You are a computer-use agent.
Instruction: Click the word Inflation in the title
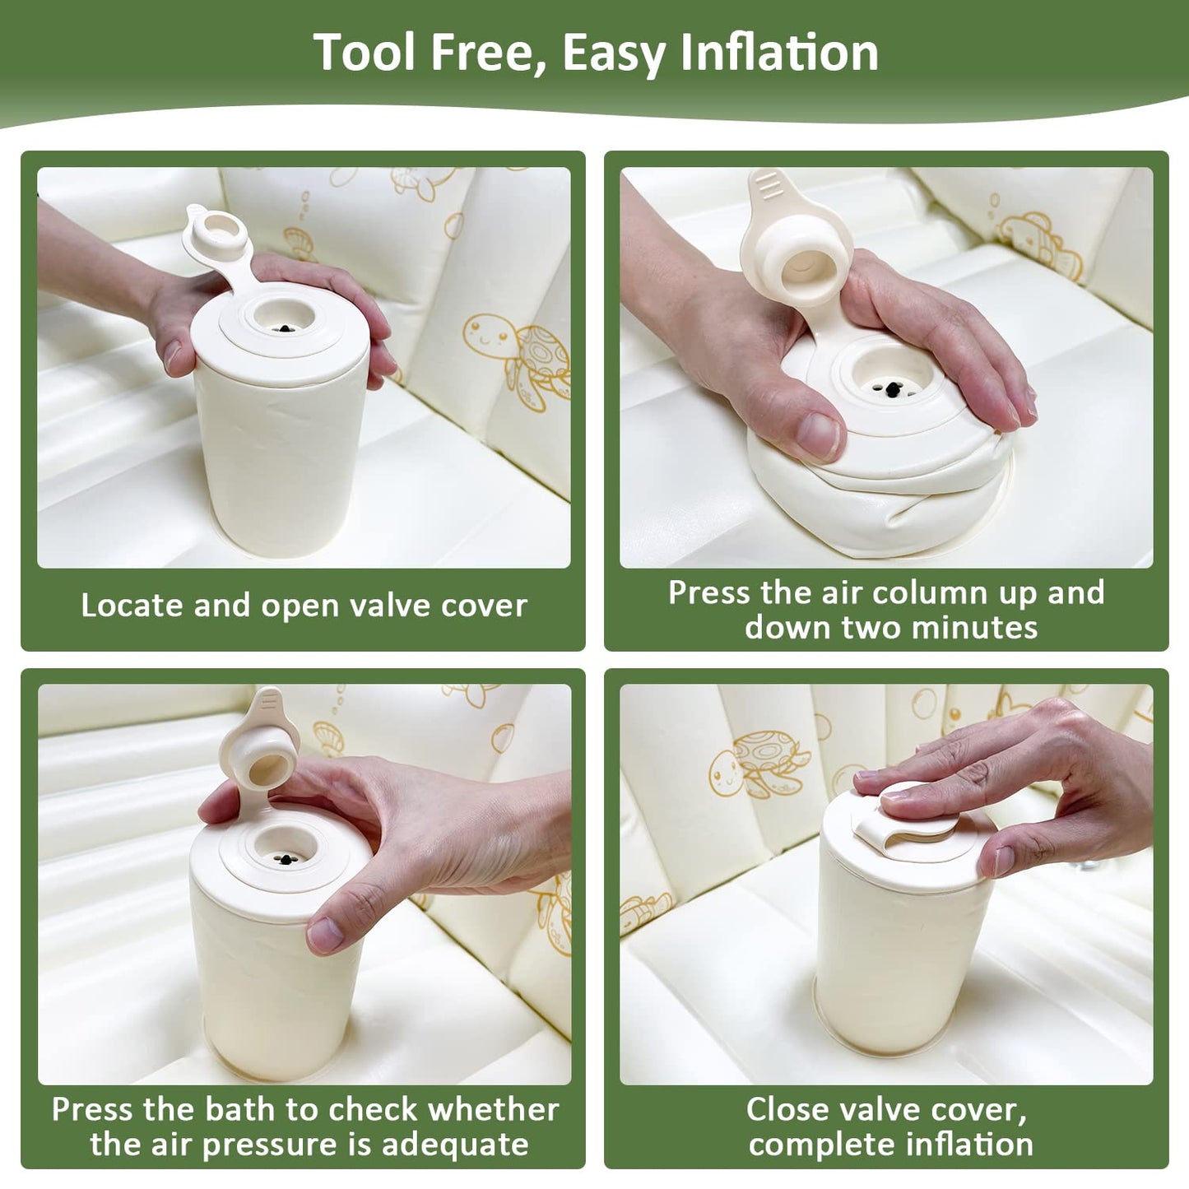click(778, 53)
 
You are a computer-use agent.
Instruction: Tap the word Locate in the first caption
click(132, 606)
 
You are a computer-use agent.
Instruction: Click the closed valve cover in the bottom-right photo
click(899, 817)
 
